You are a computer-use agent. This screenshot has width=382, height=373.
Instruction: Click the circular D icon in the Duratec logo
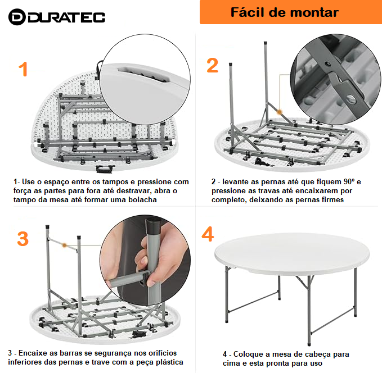point(17,17)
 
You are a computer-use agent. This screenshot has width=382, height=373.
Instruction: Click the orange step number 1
point(23,69)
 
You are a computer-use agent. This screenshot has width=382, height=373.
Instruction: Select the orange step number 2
point(212,66)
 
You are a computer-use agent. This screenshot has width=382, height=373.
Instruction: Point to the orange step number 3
point(23,239)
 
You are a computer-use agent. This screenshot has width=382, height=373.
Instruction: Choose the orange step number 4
point(208,234)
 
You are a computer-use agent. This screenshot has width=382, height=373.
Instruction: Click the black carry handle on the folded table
point(105,169)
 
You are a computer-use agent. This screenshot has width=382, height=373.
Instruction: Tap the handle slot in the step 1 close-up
point(143,74)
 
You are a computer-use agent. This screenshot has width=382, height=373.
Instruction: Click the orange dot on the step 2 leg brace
point(280,112)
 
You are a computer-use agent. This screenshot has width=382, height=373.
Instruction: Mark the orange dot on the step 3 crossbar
point(64,245)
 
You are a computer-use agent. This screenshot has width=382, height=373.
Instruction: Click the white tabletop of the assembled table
point(292,253)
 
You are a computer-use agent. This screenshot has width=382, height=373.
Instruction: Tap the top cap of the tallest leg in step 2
point(266,44)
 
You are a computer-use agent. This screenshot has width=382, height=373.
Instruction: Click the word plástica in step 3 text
point(169,362)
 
